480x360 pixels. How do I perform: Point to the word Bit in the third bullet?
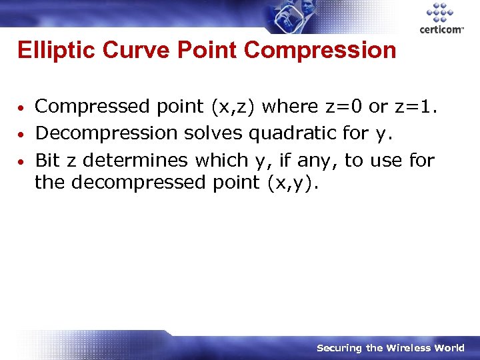click(47, 161)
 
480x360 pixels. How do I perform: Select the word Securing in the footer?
click(339, 348)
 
